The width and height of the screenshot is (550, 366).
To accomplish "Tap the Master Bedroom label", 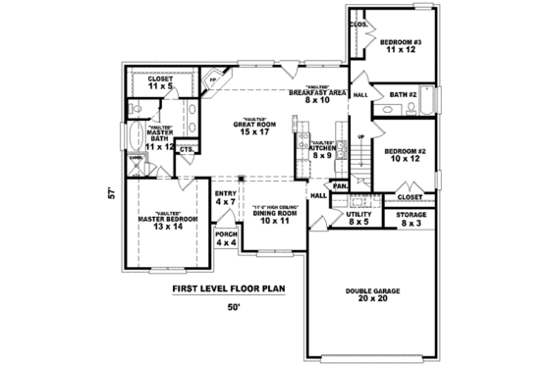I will tap(160, 220).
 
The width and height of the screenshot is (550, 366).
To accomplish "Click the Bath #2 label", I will tap(404, 94).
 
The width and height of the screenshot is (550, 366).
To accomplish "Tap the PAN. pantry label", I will tap(340, 185).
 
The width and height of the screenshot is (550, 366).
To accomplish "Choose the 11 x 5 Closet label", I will tap(159, 82).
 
